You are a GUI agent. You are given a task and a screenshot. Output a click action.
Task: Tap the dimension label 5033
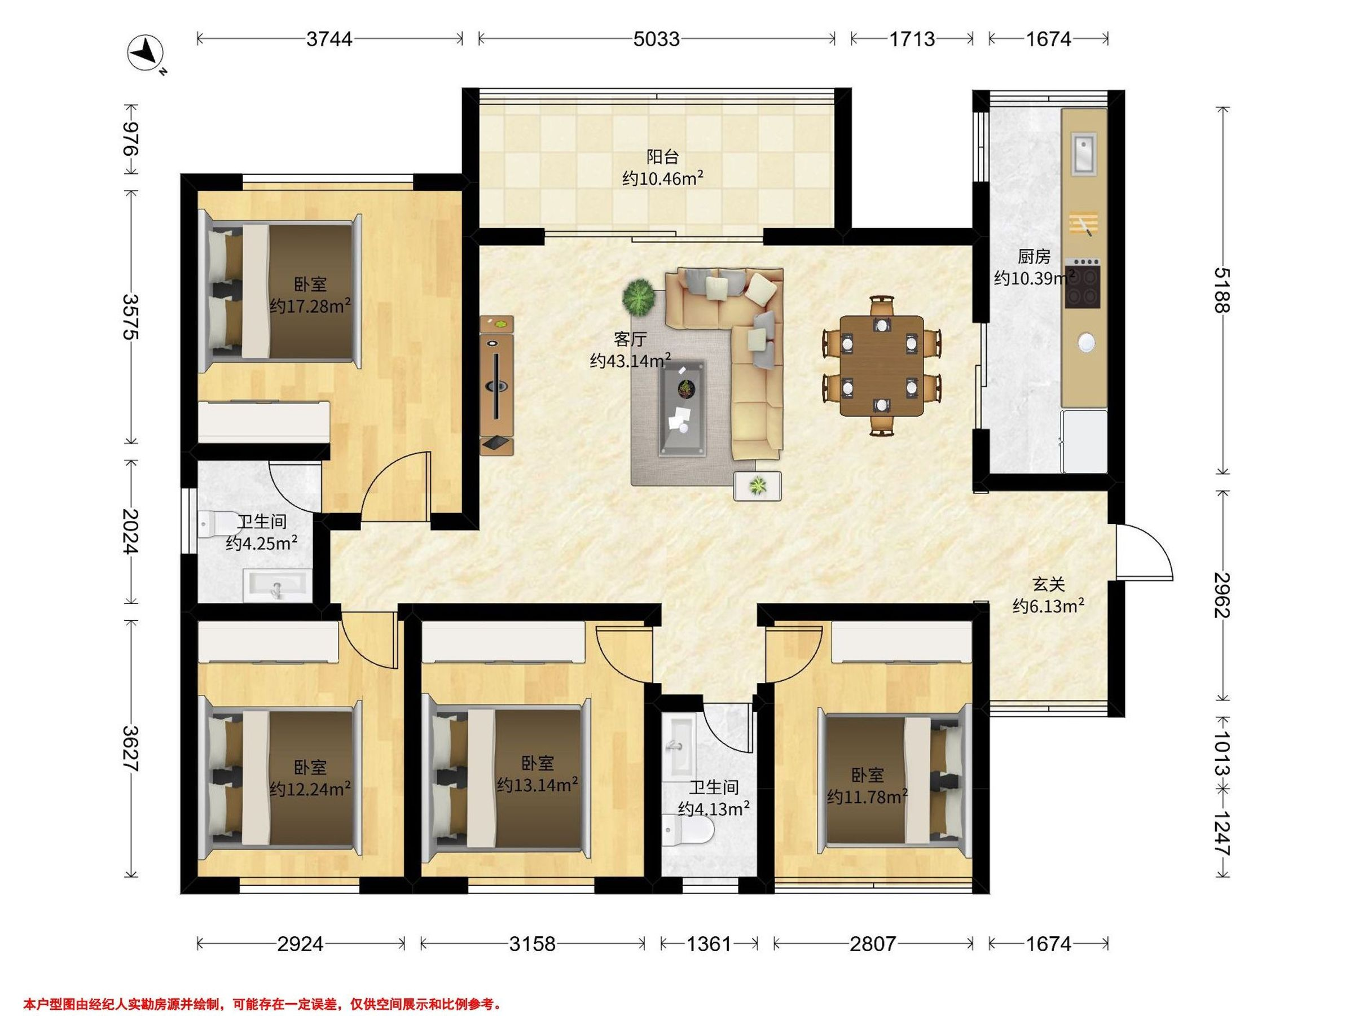pos(656,39)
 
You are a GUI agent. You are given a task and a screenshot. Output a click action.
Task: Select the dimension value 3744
pos(329,39)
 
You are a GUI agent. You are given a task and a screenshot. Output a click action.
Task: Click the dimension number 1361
pos(709,944)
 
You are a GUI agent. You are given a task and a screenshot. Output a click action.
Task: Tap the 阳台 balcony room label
pos(663,157)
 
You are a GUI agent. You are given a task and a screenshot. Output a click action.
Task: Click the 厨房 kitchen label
pos(1034,256)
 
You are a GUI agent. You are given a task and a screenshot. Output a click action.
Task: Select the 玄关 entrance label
pos(1049,584)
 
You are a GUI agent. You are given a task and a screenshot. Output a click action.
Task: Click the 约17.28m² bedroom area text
pos(310,305)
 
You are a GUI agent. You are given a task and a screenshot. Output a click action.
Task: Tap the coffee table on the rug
pos(683,408)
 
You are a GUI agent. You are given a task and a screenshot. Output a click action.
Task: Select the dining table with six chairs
pos(881,366)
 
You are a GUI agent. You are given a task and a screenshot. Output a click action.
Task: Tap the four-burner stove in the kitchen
pos(1082,283)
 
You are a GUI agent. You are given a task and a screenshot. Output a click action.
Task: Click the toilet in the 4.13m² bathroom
pos(689,831)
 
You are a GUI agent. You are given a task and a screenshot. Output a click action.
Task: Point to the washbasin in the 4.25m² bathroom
pos(276,585)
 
